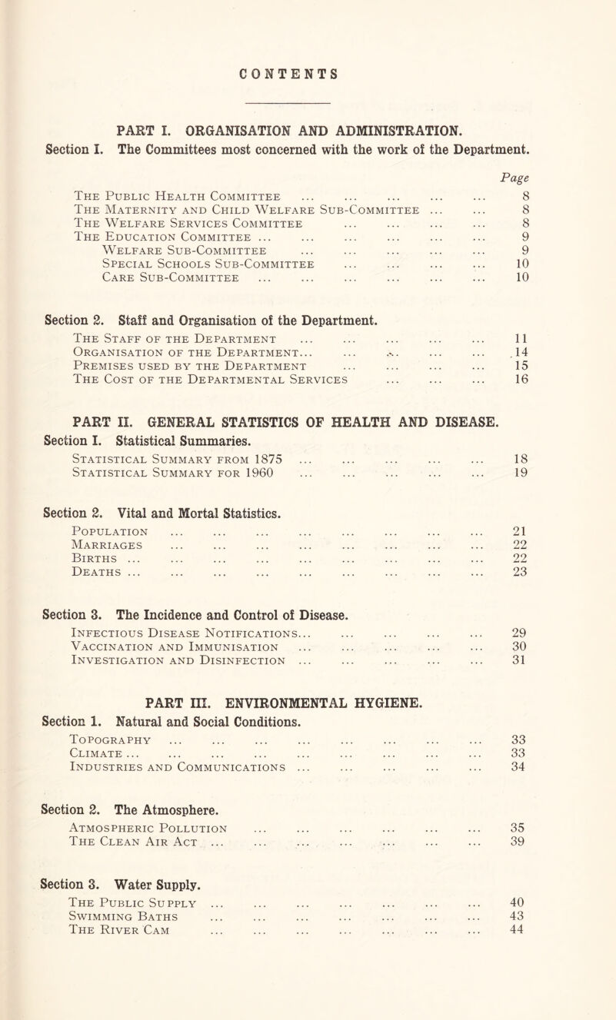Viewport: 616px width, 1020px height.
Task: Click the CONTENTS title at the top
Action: (x=308, y=58)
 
